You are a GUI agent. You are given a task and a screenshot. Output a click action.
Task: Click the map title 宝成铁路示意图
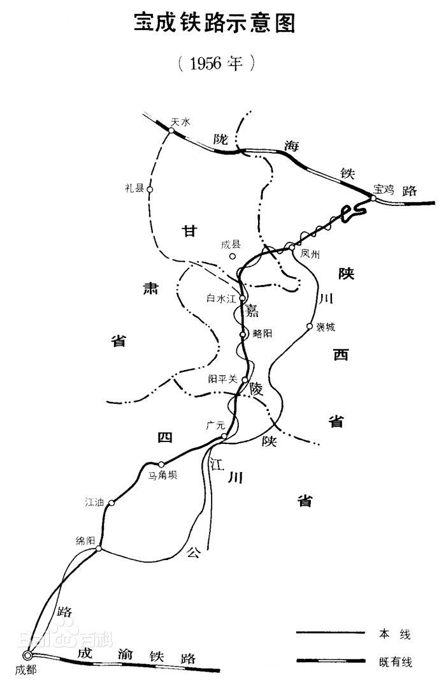coord(214,23)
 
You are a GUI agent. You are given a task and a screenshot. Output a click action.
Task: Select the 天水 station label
coord(180,122)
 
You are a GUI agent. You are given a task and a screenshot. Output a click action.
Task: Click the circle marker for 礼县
coord(150,189)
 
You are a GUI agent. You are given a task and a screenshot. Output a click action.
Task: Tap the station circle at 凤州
coord(292,248)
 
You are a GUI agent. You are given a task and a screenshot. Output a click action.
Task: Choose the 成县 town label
coord(231,244)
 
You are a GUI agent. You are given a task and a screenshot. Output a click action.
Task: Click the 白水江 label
coord(221,299)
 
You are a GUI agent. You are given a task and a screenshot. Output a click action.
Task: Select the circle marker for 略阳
coord(243,334)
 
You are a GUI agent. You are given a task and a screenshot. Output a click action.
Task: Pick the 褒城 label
coord(325,327)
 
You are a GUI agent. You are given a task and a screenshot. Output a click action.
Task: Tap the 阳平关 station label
coord(223,379)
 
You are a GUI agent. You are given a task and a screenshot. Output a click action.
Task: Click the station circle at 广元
coord(224,436)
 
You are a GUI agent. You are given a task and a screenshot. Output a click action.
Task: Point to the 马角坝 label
coord(163,475)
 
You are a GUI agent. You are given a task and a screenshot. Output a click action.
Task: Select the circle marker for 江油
coord(111,503)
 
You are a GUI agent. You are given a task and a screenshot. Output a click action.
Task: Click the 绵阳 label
coord(85,540)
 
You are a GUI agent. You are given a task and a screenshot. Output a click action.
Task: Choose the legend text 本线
coord(394,634)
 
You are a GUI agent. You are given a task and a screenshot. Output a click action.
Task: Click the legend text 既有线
coord(396,662)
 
